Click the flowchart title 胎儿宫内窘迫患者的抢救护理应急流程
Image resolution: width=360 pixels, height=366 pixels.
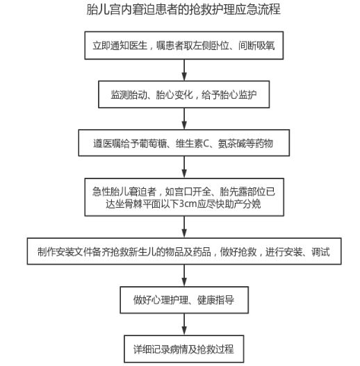[x=183, y=9]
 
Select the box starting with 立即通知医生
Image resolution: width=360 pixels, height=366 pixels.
[x=184, y=45]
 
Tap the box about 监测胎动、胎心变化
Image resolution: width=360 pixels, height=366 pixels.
[x=184, y=94]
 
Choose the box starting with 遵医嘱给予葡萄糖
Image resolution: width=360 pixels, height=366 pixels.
[x=184, y=143]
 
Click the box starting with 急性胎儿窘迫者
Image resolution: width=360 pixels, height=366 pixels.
[x=184, y=197]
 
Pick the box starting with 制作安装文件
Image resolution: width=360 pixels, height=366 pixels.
[x=184, y=251]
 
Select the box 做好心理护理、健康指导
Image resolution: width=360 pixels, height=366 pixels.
[x=184, y=300]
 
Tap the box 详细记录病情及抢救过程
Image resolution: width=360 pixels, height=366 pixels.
[x=184, y=349]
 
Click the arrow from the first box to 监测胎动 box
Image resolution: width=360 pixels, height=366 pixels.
[x=184, y=70]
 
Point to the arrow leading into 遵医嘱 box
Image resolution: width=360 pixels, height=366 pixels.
[x=184, y=119]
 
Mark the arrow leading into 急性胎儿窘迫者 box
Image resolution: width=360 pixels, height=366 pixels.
[x=184, y=167]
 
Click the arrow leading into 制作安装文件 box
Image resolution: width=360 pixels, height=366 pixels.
[x=184, y=227]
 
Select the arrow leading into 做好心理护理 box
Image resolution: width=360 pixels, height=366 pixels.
[x=184, y=276]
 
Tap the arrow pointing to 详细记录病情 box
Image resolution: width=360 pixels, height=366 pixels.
[x=184, y=324]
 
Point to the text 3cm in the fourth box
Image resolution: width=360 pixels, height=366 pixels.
[x=188, y=204]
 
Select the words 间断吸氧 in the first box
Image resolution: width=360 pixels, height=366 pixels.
[x=256, y=46]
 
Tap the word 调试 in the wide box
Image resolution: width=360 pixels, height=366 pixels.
[x=320, y=251]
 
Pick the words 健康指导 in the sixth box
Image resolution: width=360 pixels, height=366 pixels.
[x=215, y=300]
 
